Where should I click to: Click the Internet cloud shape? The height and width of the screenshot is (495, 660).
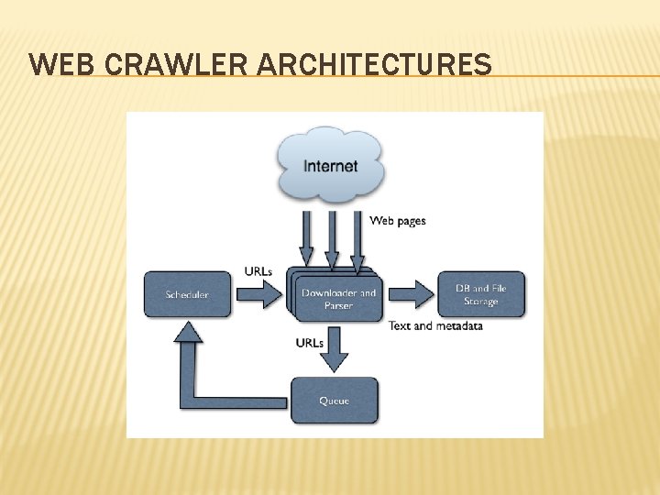331,165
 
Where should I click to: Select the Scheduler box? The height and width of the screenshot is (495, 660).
187,294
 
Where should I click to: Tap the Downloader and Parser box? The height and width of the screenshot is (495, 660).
337,299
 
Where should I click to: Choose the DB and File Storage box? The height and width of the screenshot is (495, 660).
481,294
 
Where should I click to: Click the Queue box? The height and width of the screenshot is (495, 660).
334,401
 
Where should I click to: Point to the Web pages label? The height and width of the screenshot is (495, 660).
397,220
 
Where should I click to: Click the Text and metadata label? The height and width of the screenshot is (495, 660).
435,325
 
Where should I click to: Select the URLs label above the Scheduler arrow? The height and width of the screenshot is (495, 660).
258,270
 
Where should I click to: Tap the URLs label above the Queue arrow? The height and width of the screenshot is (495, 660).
309,343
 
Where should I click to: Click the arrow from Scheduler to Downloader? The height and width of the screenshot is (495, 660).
261,294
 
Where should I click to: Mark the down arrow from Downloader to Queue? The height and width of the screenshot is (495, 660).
335,348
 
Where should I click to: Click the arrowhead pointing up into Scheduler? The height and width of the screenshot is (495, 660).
189,331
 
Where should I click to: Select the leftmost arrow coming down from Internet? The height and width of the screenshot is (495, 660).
306,238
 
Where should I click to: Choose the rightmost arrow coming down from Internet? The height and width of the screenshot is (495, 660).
357,238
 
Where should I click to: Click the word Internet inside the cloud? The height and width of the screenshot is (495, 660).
331,167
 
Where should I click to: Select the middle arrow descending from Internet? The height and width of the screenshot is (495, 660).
332,238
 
